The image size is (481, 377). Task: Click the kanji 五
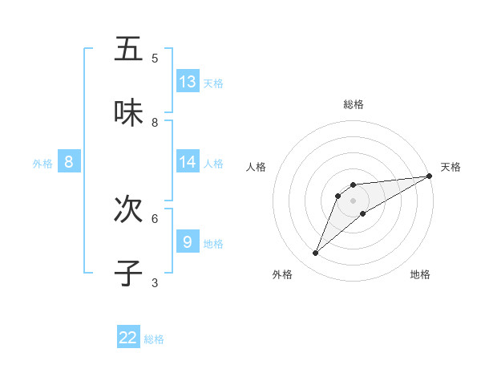[x=128, y=49]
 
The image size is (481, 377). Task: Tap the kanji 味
[x=128, y=113]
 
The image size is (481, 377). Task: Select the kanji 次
[x=128, y=209]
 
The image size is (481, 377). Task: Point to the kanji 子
[x=128, y=274]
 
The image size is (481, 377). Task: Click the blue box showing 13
[x=188, y=82]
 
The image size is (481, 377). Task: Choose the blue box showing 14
[x=188, y=162]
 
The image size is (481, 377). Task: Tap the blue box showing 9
[x=188, y=241]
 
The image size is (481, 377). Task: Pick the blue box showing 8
[x=69, y=162]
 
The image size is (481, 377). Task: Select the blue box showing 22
[x=128, y=338]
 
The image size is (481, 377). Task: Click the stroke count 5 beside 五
[x=155, y=58]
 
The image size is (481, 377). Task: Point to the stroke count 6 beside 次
[x=155, y=218]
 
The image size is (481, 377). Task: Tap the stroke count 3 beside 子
[x=155, y=282]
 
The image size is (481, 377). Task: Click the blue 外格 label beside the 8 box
[x=42, y=164]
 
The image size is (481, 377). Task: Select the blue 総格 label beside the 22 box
[x=154, y=339]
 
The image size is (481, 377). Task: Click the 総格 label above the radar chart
[x=354, y=104]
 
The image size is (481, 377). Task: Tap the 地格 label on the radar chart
[x=420, y=274]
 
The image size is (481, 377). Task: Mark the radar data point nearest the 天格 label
[x=430, y=176]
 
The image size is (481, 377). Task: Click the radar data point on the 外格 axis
[x=316, y=253]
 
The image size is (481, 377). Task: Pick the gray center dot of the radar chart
[x=354, y=200]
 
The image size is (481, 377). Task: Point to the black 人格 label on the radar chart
[x=257, y=167]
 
